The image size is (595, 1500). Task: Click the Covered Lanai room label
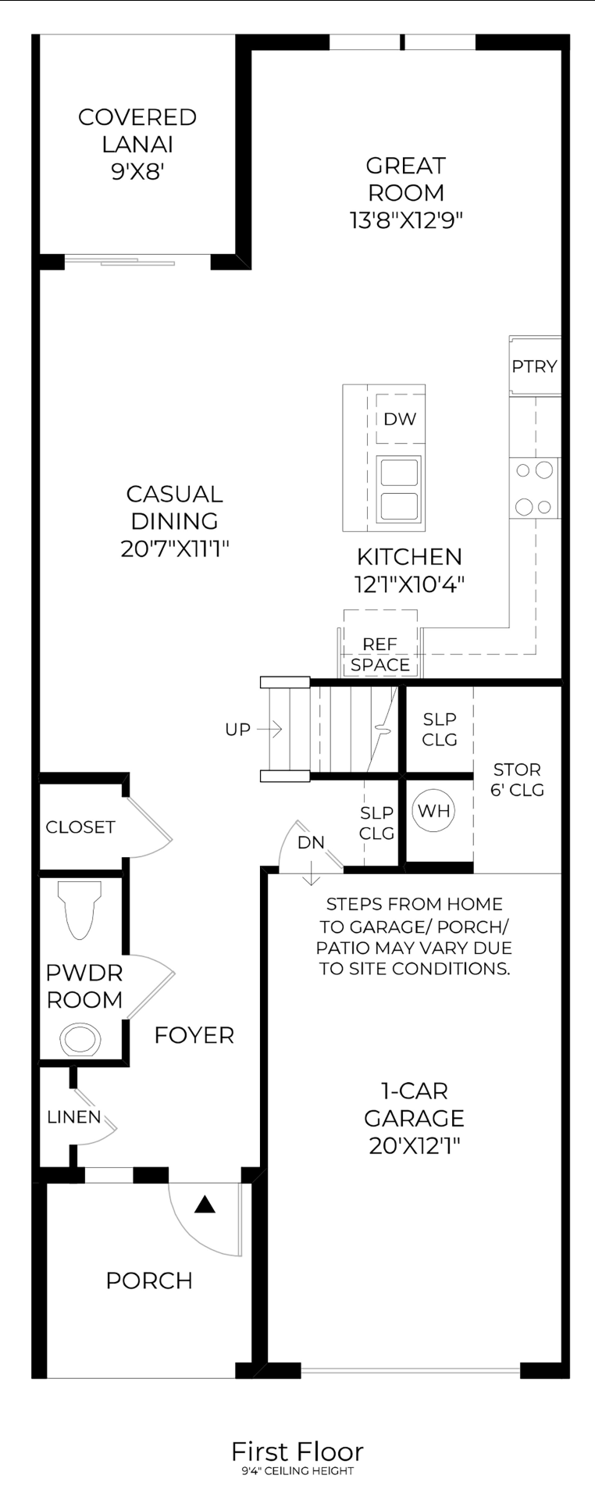[x=137, y=130]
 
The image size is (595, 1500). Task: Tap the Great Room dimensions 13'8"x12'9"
[x=406, y=220]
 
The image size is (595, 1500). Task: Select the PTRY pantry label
[x=535, y=366]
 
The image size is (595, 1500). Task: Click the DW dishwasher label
[x=400, y=419]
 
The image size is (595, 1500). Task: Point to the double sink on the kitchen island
[x=399, y=490]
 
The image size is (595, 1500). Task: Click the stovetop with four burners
[x=535, y=488]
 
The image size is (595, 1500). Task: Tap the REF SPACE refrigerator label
[x=380, y=655]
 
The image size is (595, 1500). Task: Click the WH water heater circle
[x=434, y=811]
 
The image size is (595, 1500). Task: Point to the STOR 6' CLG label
[x=517, y=780]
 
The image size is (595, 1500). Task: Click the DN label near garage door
[x=311, y=843]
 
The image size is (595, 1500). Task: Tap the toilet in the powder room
[x=80, y=910]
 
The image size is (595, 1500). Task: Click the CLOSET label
[x=80, y=827]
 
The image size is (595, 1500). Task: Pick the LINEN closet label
[x=73, y=1117]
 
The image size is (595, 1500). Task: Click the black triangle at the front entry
[x=205, y=1205]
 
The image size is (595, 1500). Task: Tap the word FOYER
[x=194, y=1035]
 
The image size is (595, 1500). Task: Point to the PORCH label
[x=149, y=1281]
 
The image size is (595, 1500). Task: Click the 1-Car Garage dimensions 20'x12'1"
[x=414, y=1146]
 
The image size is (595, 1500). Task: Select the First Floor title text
[x=297, y=1452]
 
